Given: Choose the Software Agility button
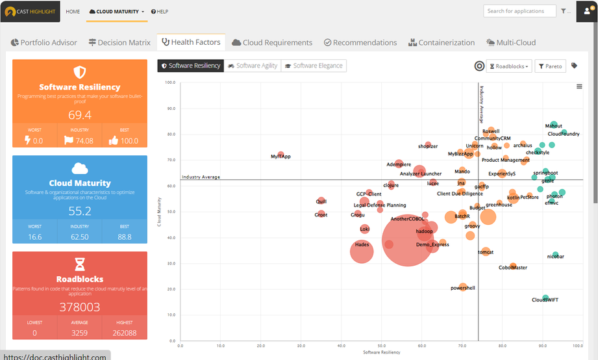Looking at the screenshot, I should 253,66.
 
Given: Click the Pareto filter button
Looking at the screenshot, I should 550,66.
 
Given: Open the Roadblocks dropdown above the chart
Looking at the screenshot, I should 509,66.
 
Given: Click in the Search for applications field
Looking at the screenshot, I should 519,11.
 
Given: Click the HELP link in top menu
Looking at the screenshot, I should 160,12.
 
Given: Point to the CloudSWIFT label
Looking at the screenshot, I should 545,300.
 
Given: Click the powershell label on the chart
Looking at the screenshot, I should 463,288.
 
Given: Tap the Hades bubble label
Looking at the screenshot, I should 362,245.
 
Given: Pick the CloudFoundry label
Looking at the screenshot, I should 564,134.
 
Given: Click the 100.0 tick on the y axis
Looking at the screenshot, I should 170,83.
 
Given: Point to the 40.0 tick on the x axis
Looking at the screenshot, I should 301,346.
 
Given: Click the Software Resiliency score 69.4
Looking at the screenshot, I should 80,115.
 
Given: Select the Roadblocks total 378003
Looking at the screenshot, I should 80,307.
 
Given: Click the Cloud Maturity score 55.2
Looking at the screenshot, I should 80,211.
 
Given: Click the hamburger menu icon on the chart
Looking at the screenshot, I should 579,86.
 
